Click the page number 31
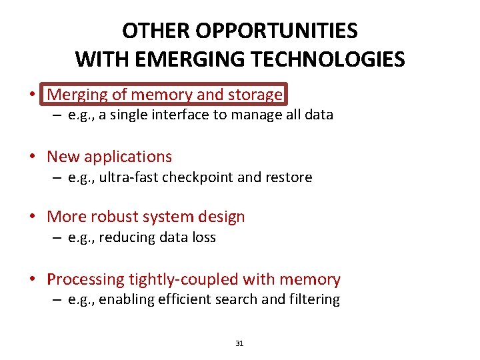[x=240, y=343]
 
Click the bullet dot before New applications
[x=33, y=157]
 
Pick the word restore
[x=288, y=177]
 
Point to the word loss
[x=202, y=237]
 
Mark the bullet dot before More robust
[x=33, y=217]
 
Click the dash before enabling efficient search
[x=58, y=300]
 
